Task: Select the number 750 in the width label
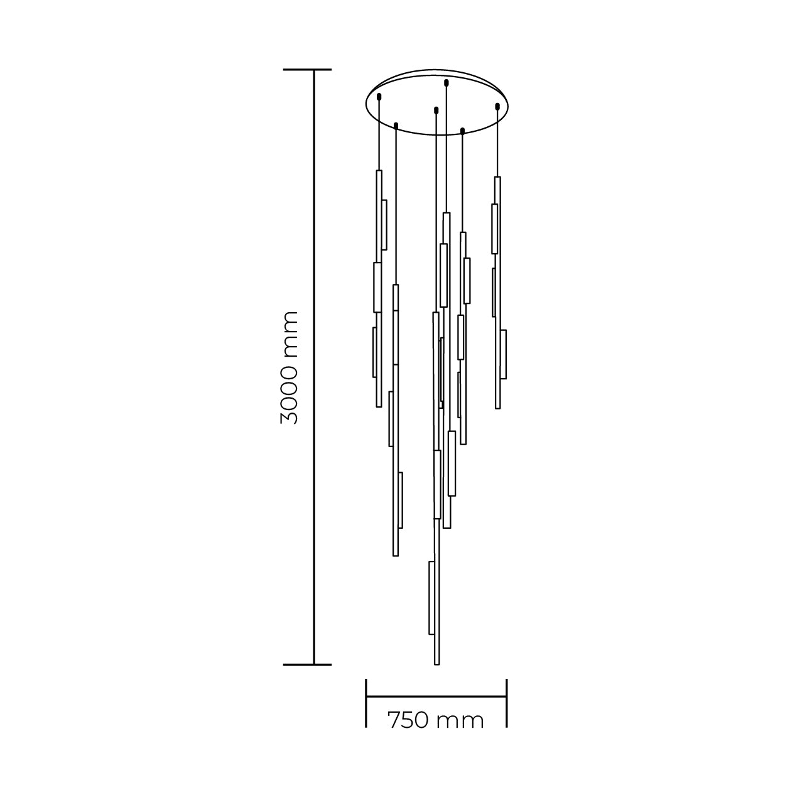click(x=409, y=720)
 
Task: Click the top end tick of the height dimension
click(x=307, y=70)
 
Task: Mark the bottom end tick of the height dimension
click(x=307, y=664)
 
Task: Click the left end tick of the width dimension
click(x=366, y=702)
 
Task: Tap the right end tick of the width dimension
click(x=506, y=702)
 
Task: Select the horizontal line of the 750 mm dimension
click(x=436, y=696)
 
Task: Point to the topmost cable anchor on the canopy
click(x=446, y=82)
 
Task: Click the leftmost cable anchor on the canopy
click(x=379, y=97)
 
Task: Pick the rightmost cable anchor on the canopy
click(x=497, y=106)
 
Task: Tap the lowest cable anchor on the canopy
click(x=462, y=131)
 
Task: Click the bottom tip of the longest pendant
click(x=436, y=663)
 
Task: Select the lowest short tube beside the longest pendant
click(x=431, y=597)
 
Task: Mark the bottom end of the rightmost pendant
click(x=498, y=406)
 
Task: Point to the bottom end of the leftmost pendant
click(x=379, y=405)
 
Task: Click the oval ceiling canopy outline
click(x=438, y=70)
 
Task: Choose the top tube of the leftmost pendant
click(x=379, y=215)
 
